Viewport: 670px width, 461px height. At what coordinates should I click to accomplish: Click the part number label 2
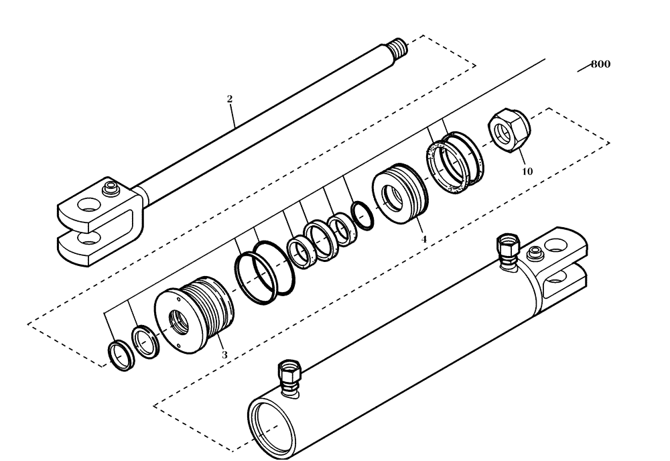tap(230, 98)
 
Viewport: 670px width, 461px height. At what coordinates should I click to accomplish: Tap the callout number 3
tap(224, 354)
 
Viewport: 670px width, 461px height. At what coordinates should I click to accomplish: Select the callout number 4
tap(423, 238)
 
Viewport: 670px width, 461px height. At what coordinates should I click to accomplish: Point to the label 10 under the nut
tap(527, 172)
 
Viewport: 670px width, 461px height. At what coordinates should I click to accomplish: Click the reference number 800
tap(600, 65)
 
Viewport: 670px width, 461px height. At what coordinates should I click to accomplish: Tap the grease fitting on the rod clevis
tap(110, 188)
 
